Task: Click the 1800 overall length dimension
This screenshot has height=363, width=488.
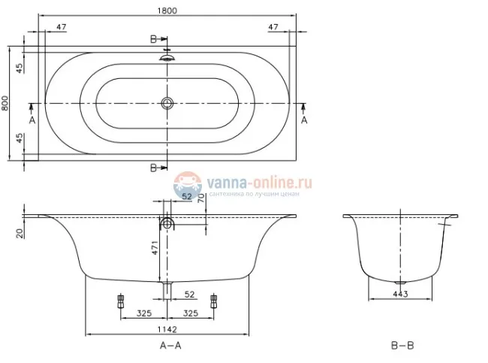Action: (167, 10)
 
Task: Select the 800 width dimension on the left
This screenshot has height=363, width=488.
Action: (6, 103)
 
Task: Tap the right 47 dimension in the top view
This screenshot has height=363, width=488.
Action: (276, 27)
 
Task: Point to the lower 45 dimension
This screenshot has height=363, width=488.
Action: (20, 141)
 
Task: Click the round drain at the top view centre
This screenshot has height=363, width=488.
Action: (167, 103)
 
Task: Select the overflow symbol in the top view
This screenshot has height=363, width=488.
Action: (167, 56)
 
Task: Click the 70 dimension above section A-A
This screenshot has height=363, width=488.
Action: (200, 199)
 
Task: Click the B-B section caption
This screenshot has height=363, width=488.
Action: (402, 346)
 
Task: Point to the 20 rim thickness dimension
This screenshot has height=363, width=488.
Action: (18, 233)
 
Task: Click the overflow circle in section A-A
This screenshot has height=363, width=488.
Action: (167, 223)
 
